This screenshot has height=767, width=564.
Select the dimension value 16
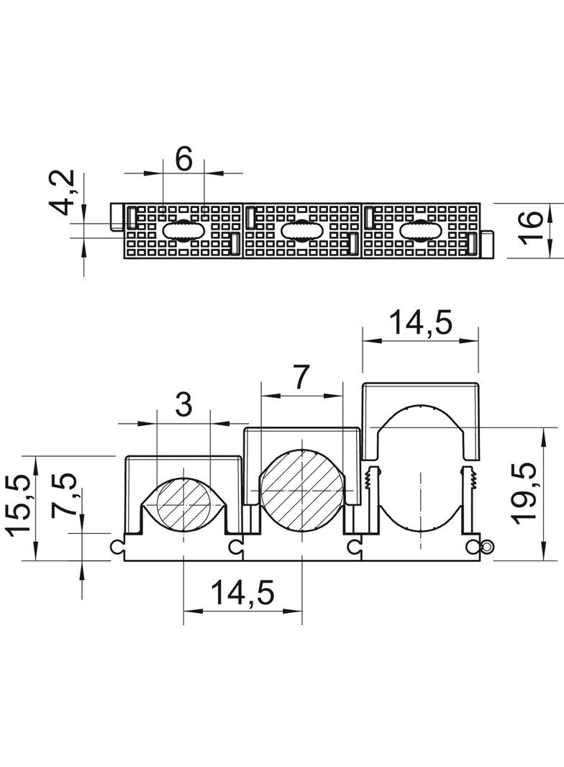[x=530, y=226]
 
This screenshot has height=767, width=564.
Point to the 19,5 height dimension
[x=525, y=494]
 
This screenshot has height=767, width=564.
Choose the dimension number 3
[x=183, y=405]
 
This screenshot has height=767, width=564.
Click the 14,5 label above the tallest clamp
[x=421, y=323]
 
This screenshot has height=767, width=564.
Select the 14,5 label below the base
[x=242, y=593]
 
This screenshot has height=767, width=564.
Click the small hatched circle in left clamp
[x=183, y=504]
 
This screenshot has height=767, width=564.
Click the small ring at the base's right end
[x=487, y=546]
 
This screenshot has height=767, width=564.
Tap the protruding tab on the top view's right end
[x=486, y=244]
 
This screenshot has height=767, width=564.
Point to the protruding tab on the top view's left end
[x=117, y=216]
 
